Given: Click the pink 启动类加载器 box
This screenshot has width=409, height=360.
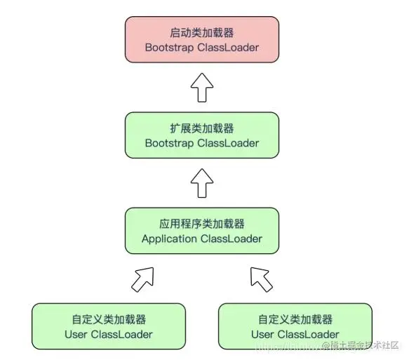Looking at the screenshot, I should (x=201, y=40).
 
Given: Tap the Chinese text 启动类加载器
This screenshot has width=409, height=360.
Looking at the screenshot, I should (x=201, y=32).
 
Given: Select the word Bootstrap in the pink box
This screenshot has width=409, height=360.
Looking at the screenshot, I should (x=170, y=48).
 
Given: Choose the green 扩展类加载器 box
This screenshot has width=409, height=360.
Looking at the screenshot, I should (x=201, y=135).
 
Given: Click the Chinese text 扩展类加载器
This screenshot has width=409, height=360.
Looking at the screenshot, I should (x=201, y=128).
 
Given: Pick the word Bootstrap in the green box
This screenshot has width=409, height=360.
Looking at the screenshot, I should (x=170, y=143).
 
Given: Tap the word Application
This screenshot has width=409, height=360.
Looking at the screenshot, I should (x=170, y=239).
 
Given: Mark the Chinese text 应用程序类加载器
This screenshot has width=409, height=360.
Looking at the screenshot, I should (x=201, y=224).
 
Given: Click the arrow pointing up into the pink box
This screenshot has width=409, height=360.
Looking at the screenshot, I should (x=201, y=88).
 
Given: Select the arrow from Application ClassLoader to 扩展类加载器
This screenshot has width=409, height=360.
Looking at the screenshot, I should (x=201, y=183).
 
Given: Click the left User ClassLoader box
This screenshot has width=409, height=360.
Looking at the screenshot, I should (x=108, y=326).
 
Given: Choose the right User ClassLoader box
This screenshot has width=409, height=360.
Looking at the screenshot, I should (x=295, y=326).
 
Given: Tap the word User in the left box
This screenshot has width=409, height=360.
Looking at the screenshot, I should (x=76, y=334).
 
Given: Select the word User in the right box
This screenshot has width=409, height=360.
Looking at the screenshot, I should (x=263, y=334).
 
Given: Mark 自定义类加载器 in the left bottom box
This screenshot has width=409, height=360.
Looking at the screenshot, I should (x=108, y=319).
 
